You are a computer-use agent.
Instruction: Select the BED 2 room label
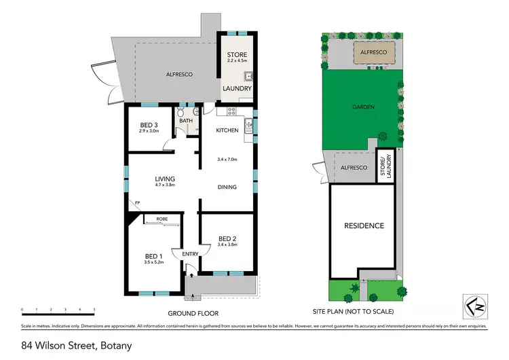pyautogui.click(x=227, y=238)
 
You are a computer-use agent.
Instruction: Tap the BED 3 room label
pyautogui.click(x=149, y=125)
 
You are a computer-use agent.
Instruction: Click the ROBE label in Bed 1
pyautogui.click(x=162, y=219)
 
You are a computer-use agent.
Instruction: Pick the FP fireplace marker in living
pyautogui.click(x=137, y=203)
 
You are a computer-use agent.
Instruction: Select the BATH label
pyautogui.click(x=186, y=121)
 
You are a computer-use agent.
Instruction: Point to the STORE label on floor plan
pyautogui.click(x=238, y=55)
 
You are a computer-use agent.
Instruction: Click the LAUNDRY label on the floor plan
pyautogui.click(x=238, y=88)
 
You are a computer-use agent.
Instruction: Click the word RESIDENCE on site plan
pyautogui.click(x=364, y=226)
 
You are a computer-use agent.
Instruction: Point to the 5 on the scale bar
pyautogui.click(x=94, y=309)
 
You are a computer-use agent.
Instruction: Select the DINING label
pyautogui.click(x=227, y=188)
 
